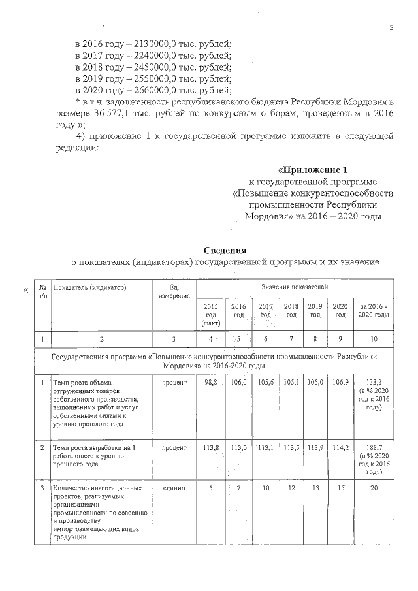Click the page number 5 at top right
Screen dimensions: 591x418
coord(392,28)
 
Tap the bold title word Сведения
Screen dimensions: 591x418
coord(225,251)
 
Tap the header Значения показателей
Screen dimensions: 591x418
coord(295,287)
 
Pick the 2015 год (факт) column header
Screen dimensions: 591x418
coord(210,314)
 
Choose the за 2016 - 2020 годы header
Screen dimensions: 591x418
coord(373,310)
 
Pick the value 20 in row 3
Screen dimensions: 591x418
coord(373,488)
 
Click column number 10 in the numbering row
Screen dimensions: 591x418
coord(373,339)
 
